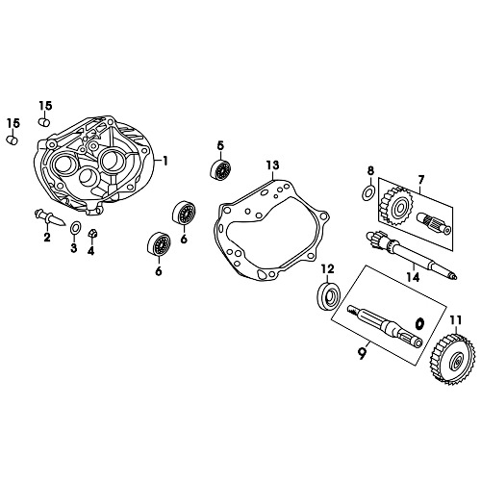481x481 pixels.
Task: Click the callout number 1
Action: click(165, 161)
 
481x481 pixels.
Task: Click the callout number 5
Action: click(220, 145)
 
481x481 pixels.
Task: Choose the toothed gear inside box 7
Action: click(397, 205)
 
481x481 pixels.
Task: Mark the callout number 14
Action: click(413, 277)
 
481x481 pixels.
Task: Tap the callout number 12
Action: click(327, 268)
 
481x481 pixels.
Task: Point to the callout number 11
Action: click(455, 320)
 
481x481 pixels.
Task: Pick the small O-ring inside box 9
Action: click(420, 322)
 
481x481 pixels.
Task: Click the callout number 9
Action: click(362, 354)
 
